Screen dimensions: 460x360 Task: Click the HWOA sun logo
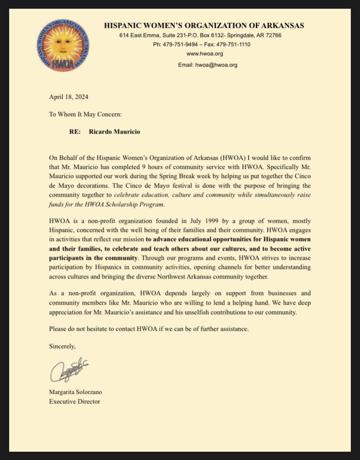(63, 45)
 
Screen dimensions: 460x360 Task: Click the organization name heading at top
(204, 26)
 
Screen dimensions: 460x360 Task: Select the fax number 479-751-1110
(235, 44)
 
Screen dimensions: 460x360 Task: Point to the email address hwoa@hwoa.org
(217, 65)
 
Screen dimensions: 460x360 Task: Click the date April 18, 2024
(69, 97)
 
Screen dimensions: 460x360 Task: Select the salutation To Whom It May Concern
(85, 114)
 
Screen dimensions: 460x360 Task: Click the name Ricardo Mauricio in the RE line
(115, 131)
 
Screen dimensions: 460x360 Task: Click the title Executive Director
(74, 401)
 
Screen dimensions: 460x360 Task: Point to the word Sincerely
(62, 347)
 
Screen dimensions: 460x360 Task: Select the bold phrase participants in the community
(93, 258)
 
